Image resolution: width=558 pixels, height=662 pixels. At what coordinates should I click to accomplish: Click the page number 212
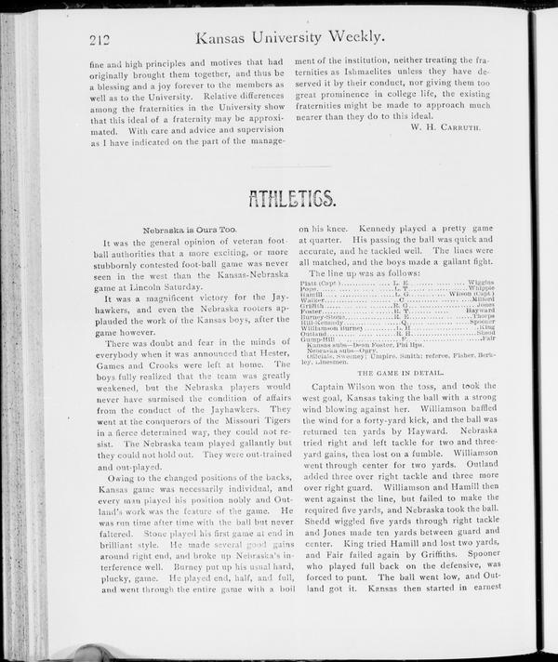point(100,38)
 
